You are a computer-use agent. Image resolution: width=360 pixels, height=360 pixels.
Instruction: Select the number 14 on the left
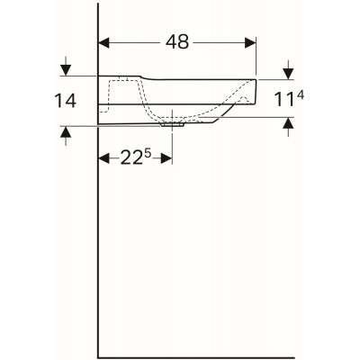[64, 101]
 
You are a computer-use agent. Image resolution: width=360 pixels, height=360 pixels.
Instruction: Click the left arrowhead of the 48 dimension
[103, 42]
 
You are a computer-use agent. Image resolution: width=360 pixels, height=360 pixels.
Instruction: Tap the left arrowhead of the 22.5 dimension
[103, 159]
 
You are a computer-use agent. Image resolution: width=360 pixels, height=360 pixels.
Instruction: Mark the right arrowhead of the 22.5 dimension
[168, 159]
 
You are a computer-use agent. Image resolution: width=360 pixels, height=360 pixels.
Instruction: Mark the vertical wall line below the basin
[96, 243]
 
